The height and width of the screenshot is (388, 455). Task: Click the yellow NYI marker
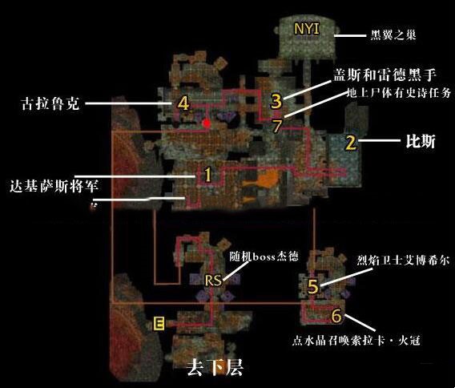(x=307, y=29)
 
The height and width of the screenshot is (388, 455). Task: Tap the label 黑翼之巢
(x=393, y=35)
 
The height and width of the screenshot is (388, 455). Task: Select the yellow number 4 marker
(x=183, y=103)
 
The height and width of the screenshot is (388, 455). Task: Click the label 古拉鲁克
(x=50, y=103)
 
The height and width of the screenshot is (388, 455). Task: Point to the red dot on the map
(x=207, y=123)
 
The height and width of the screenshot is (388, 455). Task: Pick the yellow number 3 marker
(x=276, y=101)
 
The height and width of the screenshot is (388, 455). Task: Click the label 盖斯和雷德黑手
(x=385, y=75)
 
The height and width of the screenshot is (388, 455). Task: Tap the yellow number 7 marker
(x=277, y=126)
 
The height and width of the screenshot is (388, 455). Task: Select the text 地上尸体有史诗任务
(x=399, y=93)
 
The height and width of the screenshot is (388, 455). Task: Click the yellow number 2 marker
(x=351, y=143)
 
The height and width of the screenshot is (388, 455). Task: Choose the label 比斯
(x=421, y=142)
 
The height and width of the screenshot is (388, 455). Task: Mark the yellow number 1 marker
(x=207, y=175)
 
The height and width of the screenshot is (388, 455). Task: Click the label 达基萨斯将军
(x=54, y=186)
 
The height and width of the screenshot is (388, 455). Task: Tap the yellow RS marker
(x=213, y=281)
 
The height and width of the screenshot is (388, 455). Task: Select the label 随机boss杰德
(x=264, y=257)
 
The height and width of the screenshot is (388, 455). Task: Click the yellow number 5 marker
(x=312, y=287)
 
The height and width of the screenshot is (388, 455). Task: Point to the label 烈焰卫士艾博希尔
(x=403, y=261)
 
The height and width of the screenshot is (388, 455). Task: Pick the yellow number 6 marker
(x=336, y=316)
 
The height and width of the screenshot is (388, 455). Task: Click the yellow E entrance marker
(x=159, y=324)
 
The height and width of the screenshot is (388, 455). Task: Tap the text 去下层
(x=215, y=368)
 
